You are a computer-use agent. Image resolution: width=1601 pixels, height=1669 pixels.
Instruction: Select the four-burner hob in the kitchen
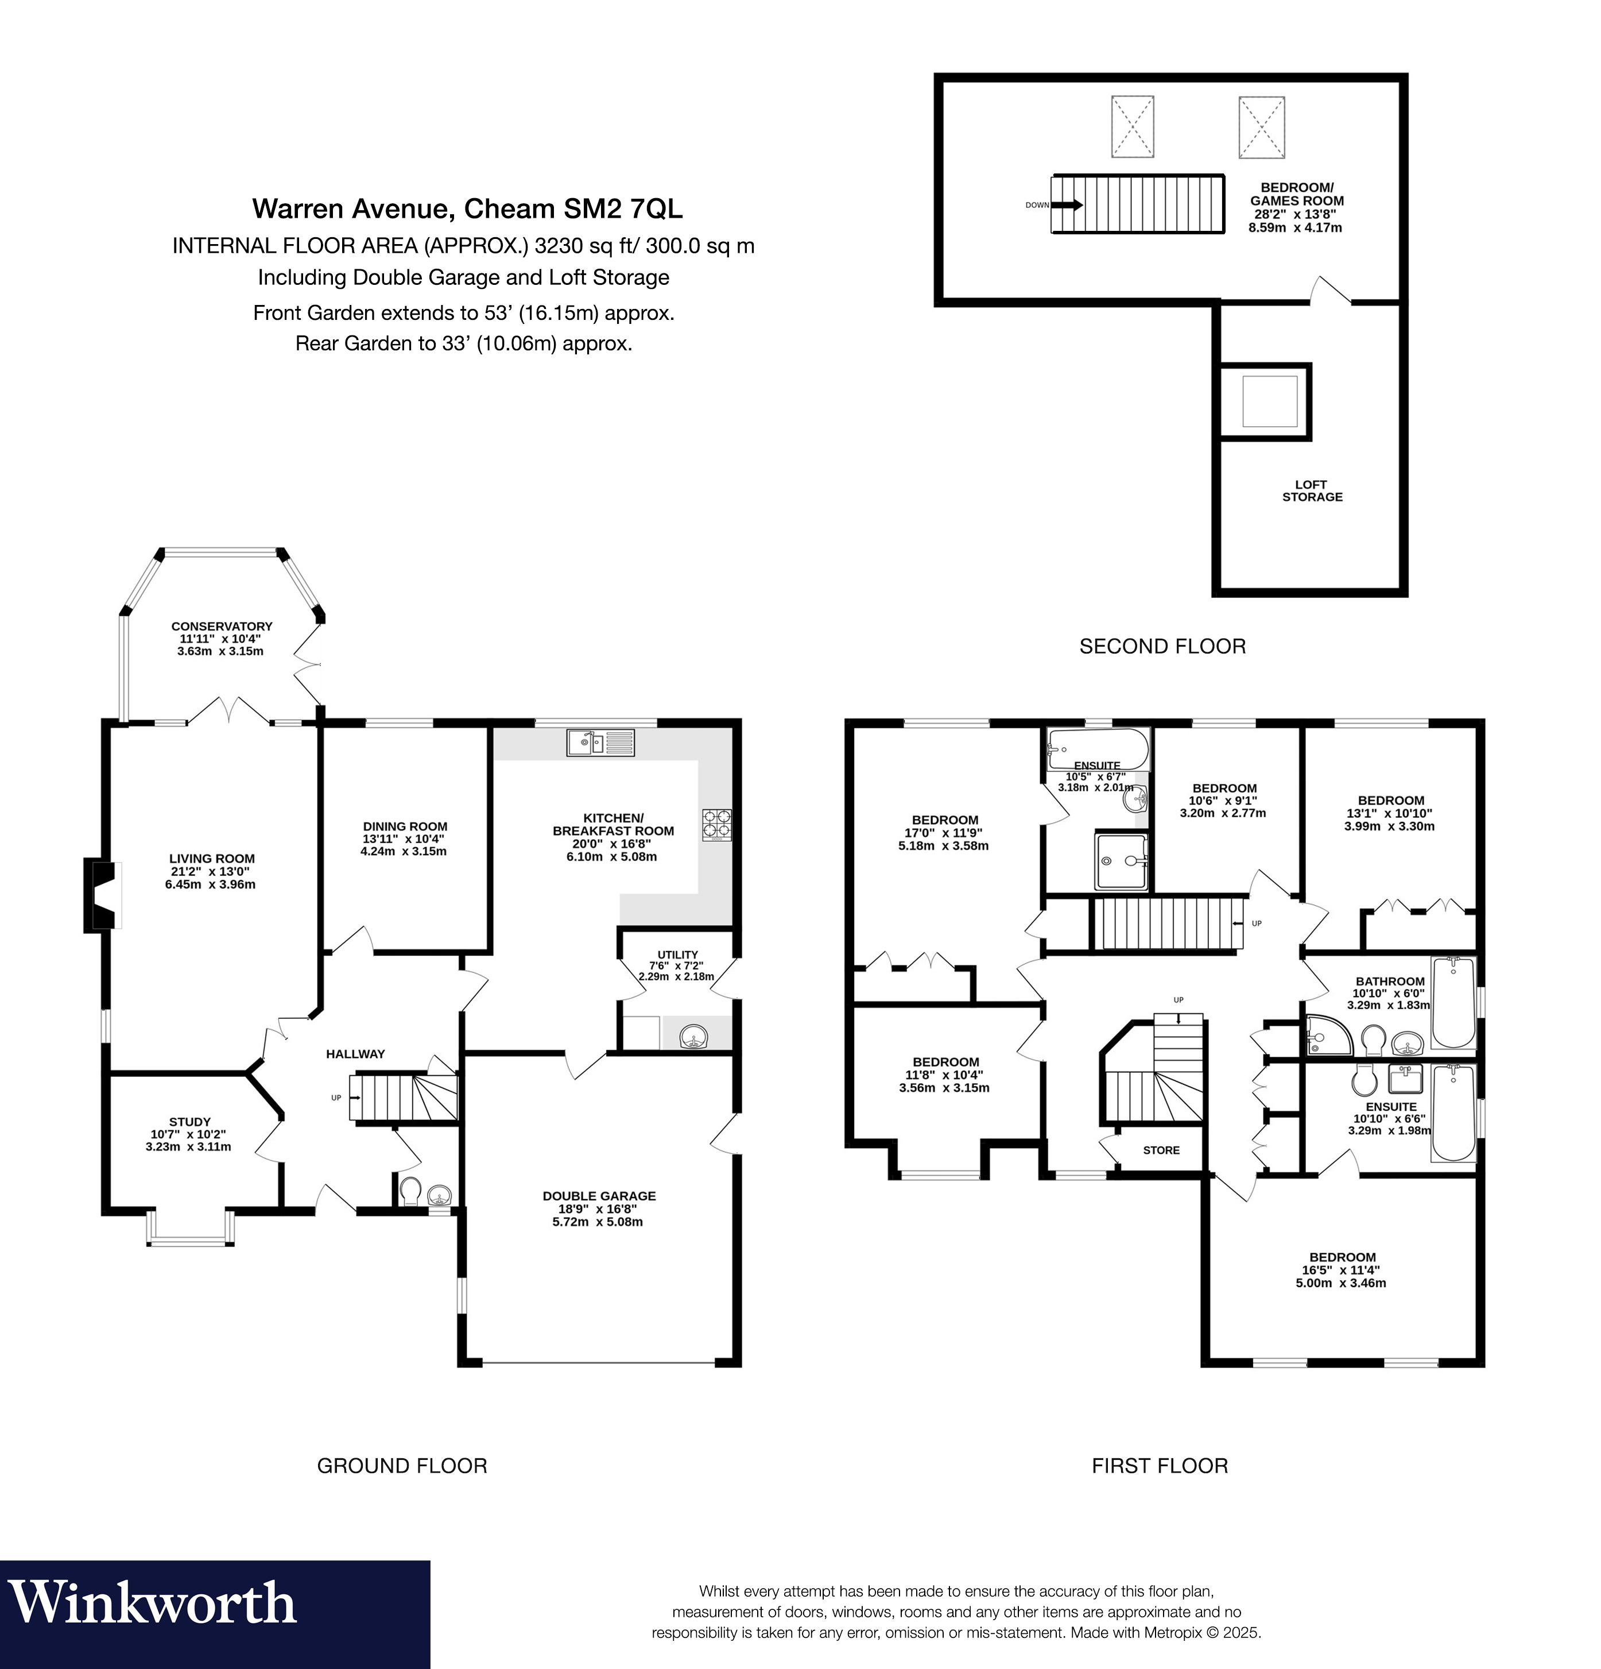click(716, 824)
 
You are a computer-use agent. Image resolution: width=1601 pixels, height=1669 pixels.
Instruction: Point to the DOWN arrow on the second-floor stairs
click(1067, 204)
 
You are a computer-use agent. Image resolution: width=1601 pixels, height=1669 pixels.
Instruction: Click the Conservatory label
click(222, 626)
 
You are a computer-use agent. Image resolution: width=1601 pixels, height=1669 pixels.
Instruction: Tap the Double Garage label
click(599, 1196)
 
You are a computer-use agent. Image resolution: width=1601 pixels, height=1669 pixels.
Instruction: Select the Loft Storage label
click(1312, 490)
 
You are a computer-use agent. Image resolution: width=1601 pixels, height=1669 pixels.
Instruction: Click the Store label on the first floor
click(1161, 1150)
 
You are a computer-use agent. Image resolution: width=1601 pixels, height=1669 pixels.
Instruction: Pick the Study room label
click(189, 1122)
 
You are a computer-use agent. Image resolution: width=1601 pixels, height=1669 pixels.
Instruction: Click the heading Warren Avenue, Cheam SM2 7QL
click(467, 208)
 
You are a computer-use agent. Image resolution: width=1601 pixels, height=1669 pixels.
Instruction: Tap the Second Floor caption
click(1162, 646)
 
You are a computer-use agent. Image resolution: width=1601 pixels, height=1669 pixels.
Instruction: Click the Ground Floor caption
click(402, 1466)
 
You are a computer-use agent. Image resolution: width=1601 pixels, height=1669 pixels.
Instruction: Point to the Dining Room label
click(404, 826)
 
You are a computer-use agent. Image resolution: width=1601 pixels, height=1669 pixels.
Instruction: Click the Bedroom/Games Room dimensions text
click(1296, 221)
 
